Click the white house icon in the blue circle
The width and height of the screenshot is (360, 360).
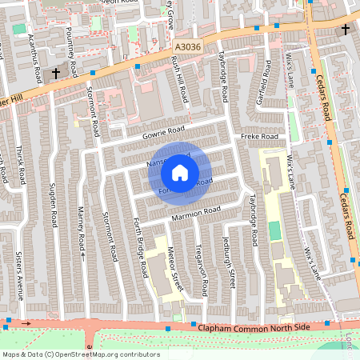pos(180,172)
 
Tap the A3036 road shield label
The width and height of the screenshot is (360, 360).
pos(186,48)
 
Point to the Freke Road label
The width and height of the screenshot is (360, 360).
pos(258,138)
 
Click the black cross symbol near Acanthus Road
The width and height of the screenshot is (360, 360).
pos(56,74)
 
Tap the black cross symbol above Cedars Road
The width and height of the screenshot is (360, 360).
pos(345,30)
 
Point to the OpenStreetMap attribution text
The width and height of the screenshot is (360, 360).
pos(81,354)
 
